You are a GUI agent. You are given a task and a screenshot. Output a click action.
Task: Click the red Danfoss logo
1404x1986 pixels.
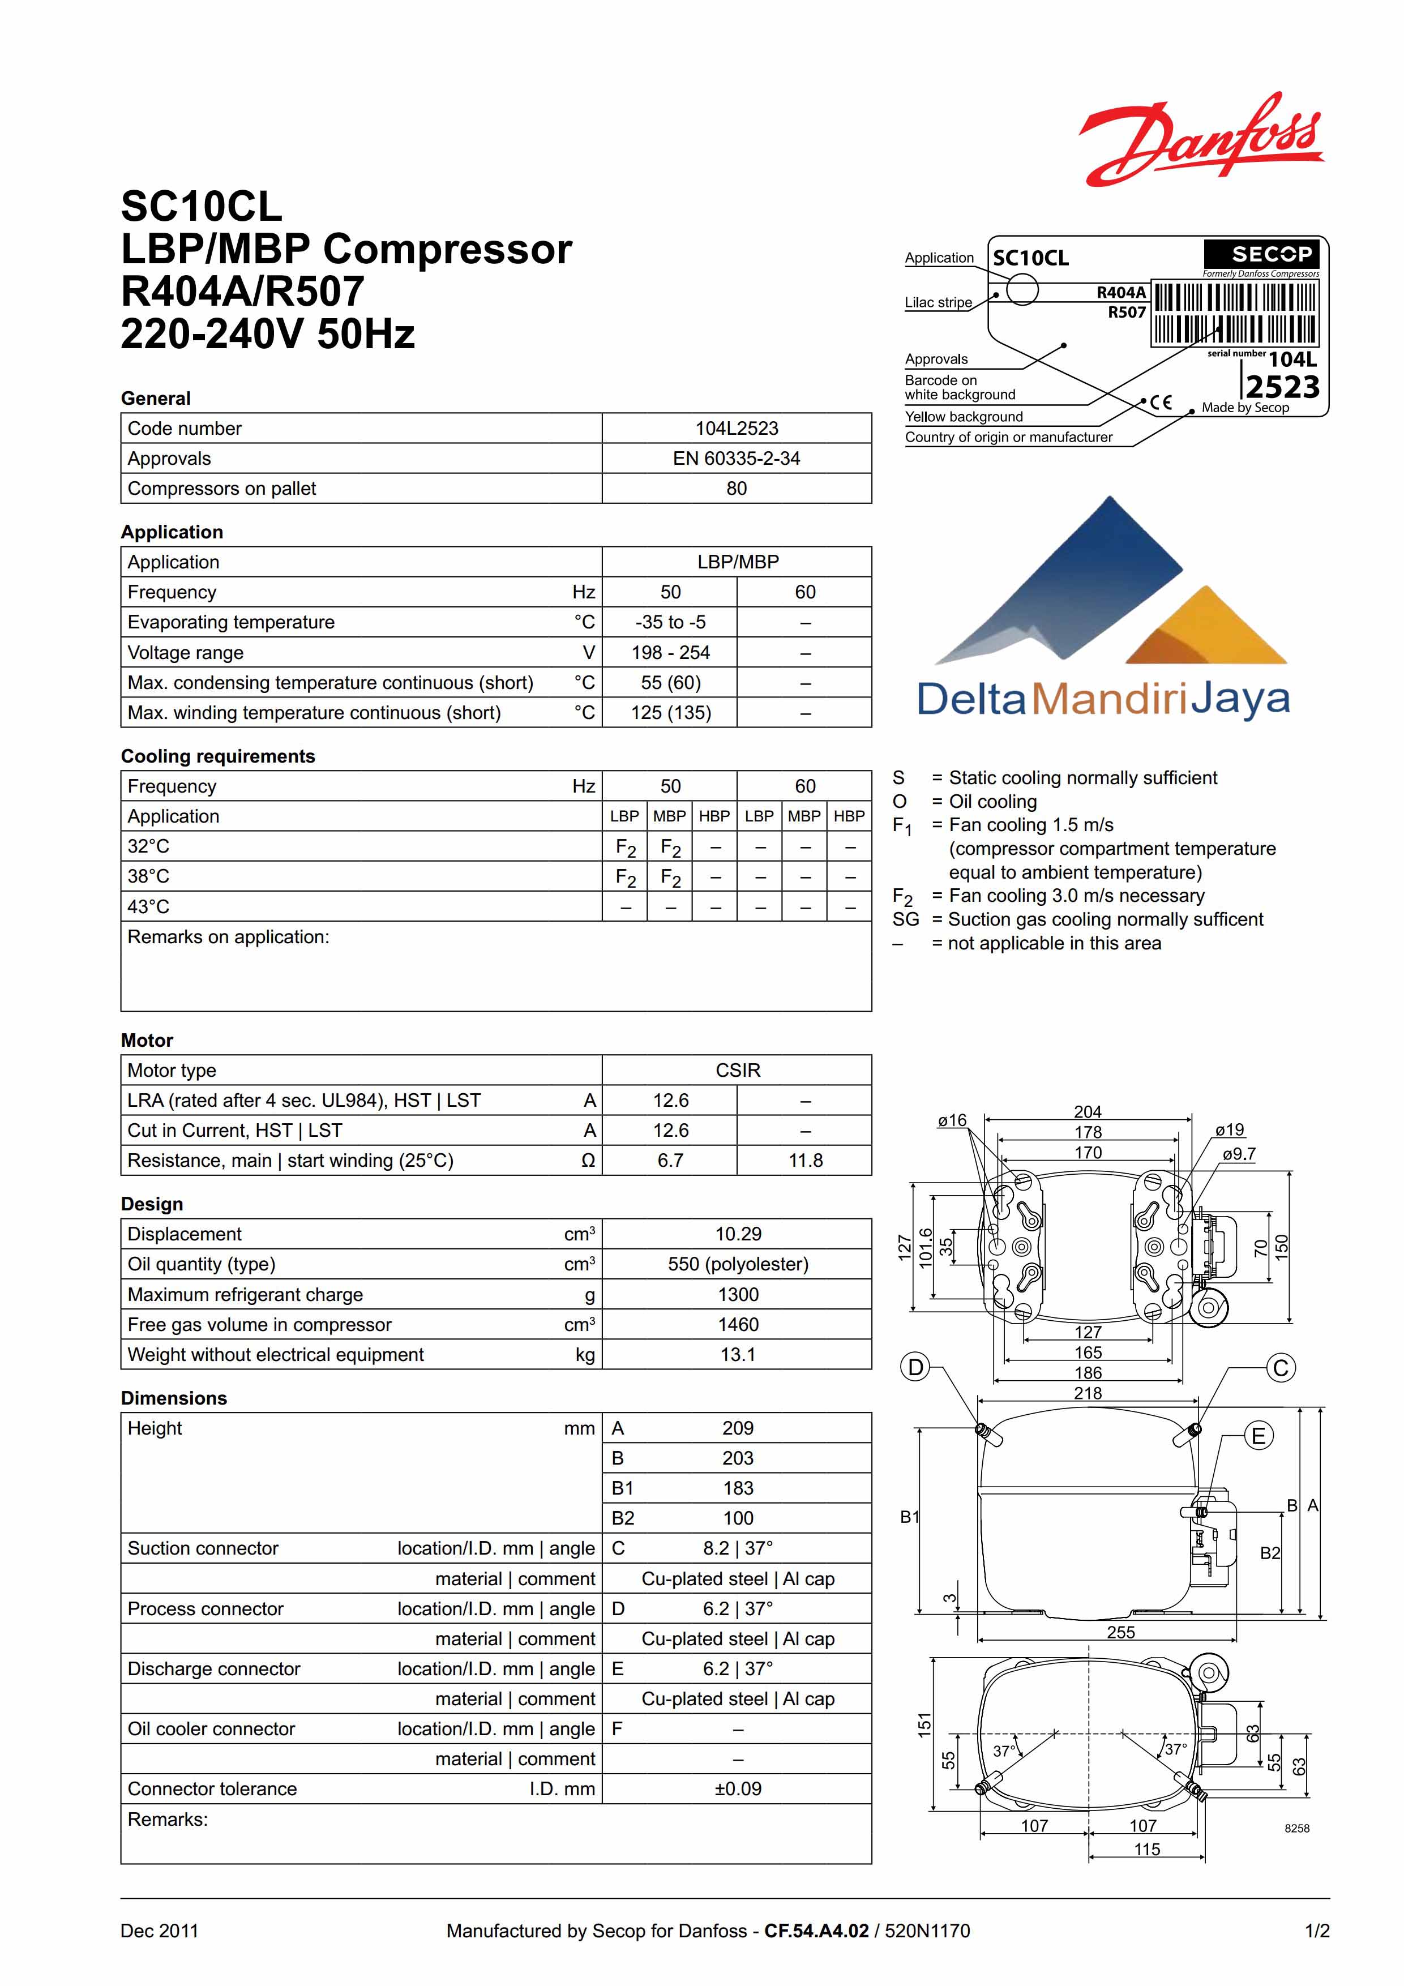tap(1201, 140)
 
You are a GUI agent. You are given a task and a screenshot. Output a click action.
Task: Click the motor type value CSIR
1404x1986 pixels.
tap(737, 1070)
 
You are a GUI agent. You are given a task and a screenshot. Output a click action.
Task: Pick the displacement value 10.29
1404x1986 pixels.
tap(737, 1234)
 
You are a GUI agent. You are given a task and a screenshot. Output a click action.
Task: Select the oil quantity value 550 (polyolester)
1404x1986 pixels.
tap(737, 1264)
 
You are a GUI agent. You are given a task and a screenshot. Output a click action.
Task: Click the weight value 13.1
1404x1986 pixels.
tap(737, 1355)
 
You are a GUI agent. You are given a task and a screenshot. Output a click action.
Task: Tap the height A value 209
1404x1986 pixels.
tap(737, 1428)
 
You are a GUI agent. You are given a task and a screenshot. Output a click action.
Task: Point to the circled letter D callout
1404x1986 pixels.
tap(915, 1368)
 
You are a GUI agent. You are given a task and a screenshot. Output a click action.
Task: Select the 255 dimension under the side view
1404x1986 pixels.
tap(1120, 1632)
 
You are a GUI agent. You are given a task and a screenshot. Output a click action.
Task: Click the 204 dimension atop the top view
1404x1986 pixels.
tap(1088, 1111)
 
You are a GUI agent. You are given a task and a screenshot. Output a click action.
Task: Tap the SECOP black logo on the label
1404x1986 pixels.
tap(1262, 254)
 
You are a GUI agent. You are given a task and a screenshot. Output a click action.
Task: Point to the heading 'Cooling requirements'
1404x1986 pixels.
tap(217, 756)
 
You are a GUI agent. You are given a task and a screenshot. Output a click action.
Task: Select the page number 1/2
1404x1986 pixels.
tap(1317, 1931)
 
